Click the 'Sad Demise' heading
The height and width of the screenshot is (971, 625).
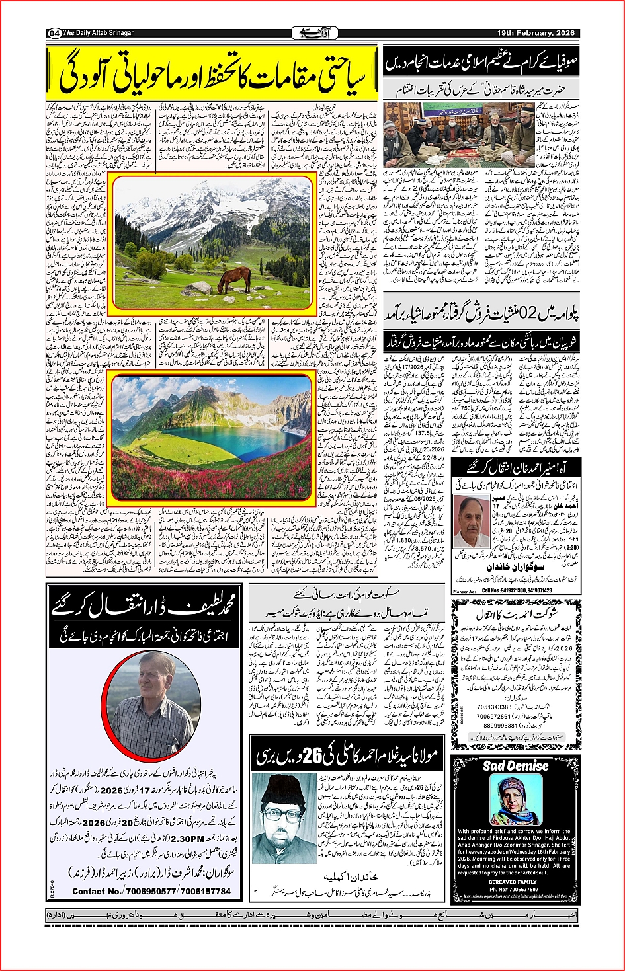pyautogui.click(x=515, y=765)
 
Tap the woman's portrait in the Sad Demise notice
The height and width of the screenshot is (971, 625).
pyautogui.click(x=515, y=800)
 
